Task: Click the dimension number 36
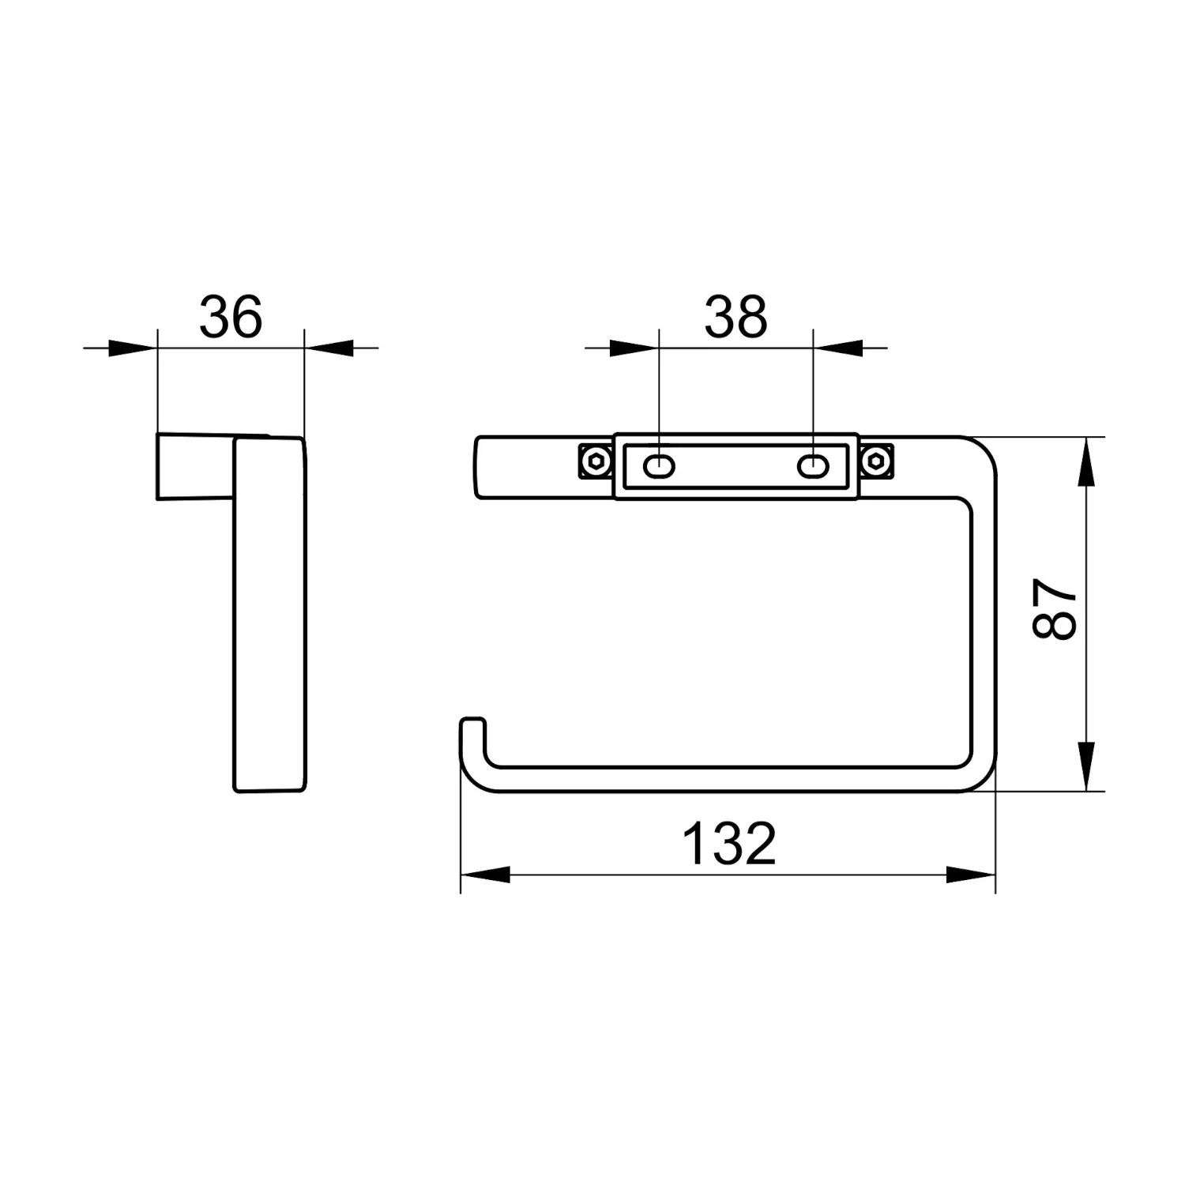pos(230,317)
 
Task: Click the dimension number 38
pos(735,317)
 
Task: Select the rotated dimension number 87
pos(1055,608)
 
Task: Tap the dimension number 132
pos(728,843)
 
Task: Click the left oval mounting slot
pos(659,467)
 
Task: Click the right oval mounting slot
pos(811,467)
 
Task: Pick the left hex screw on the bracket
pos(594,461)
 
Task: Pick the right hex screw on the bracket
pos(876,461)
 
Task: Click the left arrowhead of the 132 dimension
pos(484,875)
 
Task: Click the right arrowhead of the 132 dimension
pos(971,875)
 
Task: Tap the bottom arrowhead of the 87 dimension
pos(1088,766)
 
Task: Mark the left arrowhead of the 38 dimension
pos(634,348)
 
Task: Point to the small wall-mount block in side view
pos(194,467)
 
